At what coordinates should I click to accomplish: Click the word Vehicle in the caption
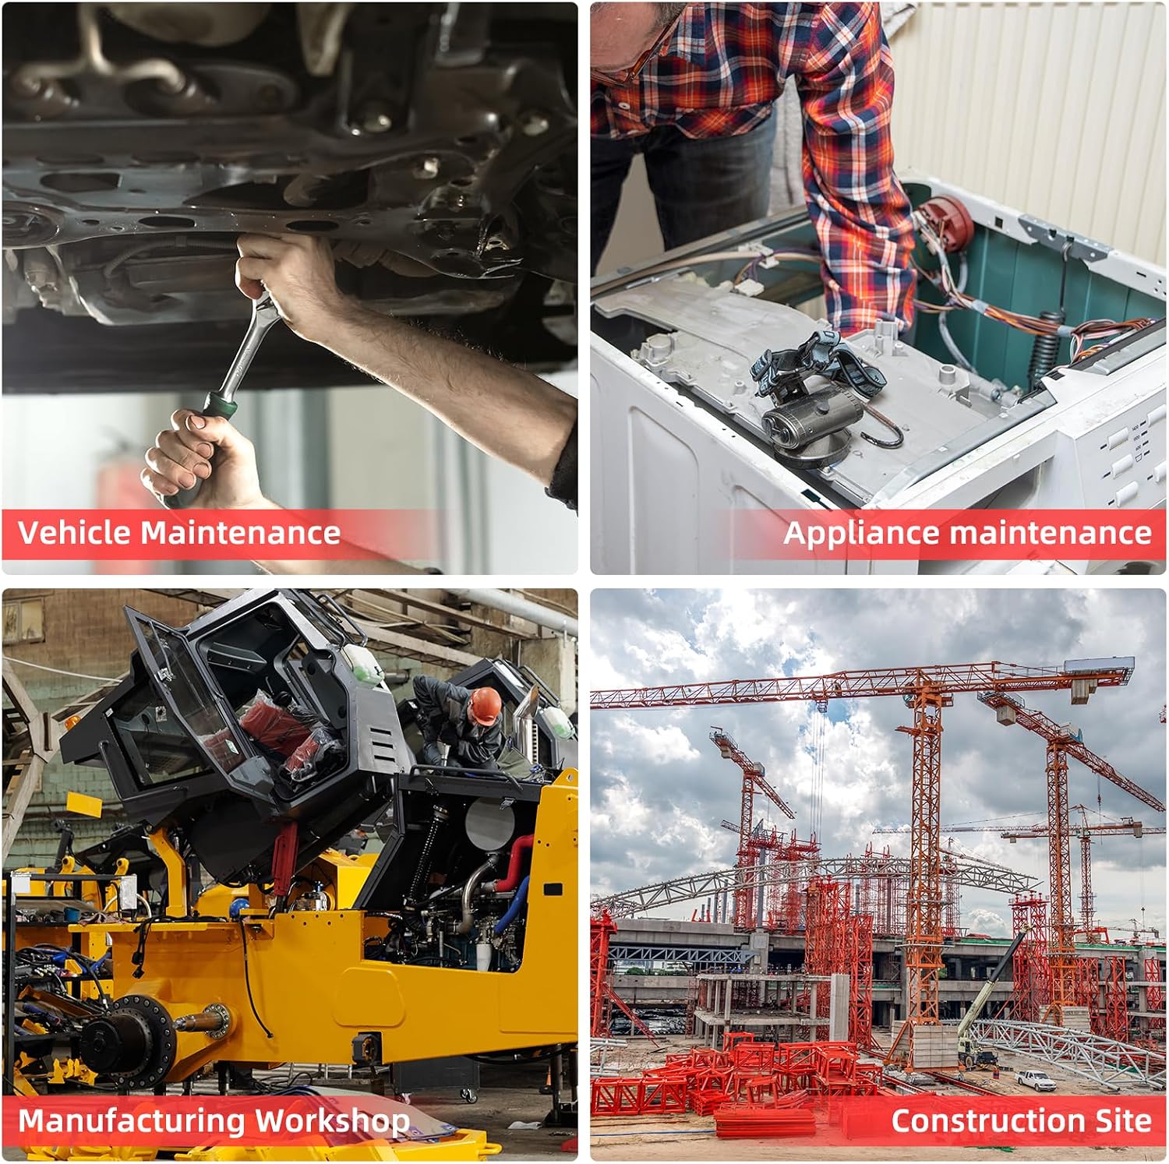[x=75, y=533]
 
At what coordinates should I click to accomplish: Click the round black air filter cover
[x=489, y=823]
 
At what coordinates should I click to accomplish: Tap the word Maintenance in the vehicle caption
[x=241, y=533]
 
